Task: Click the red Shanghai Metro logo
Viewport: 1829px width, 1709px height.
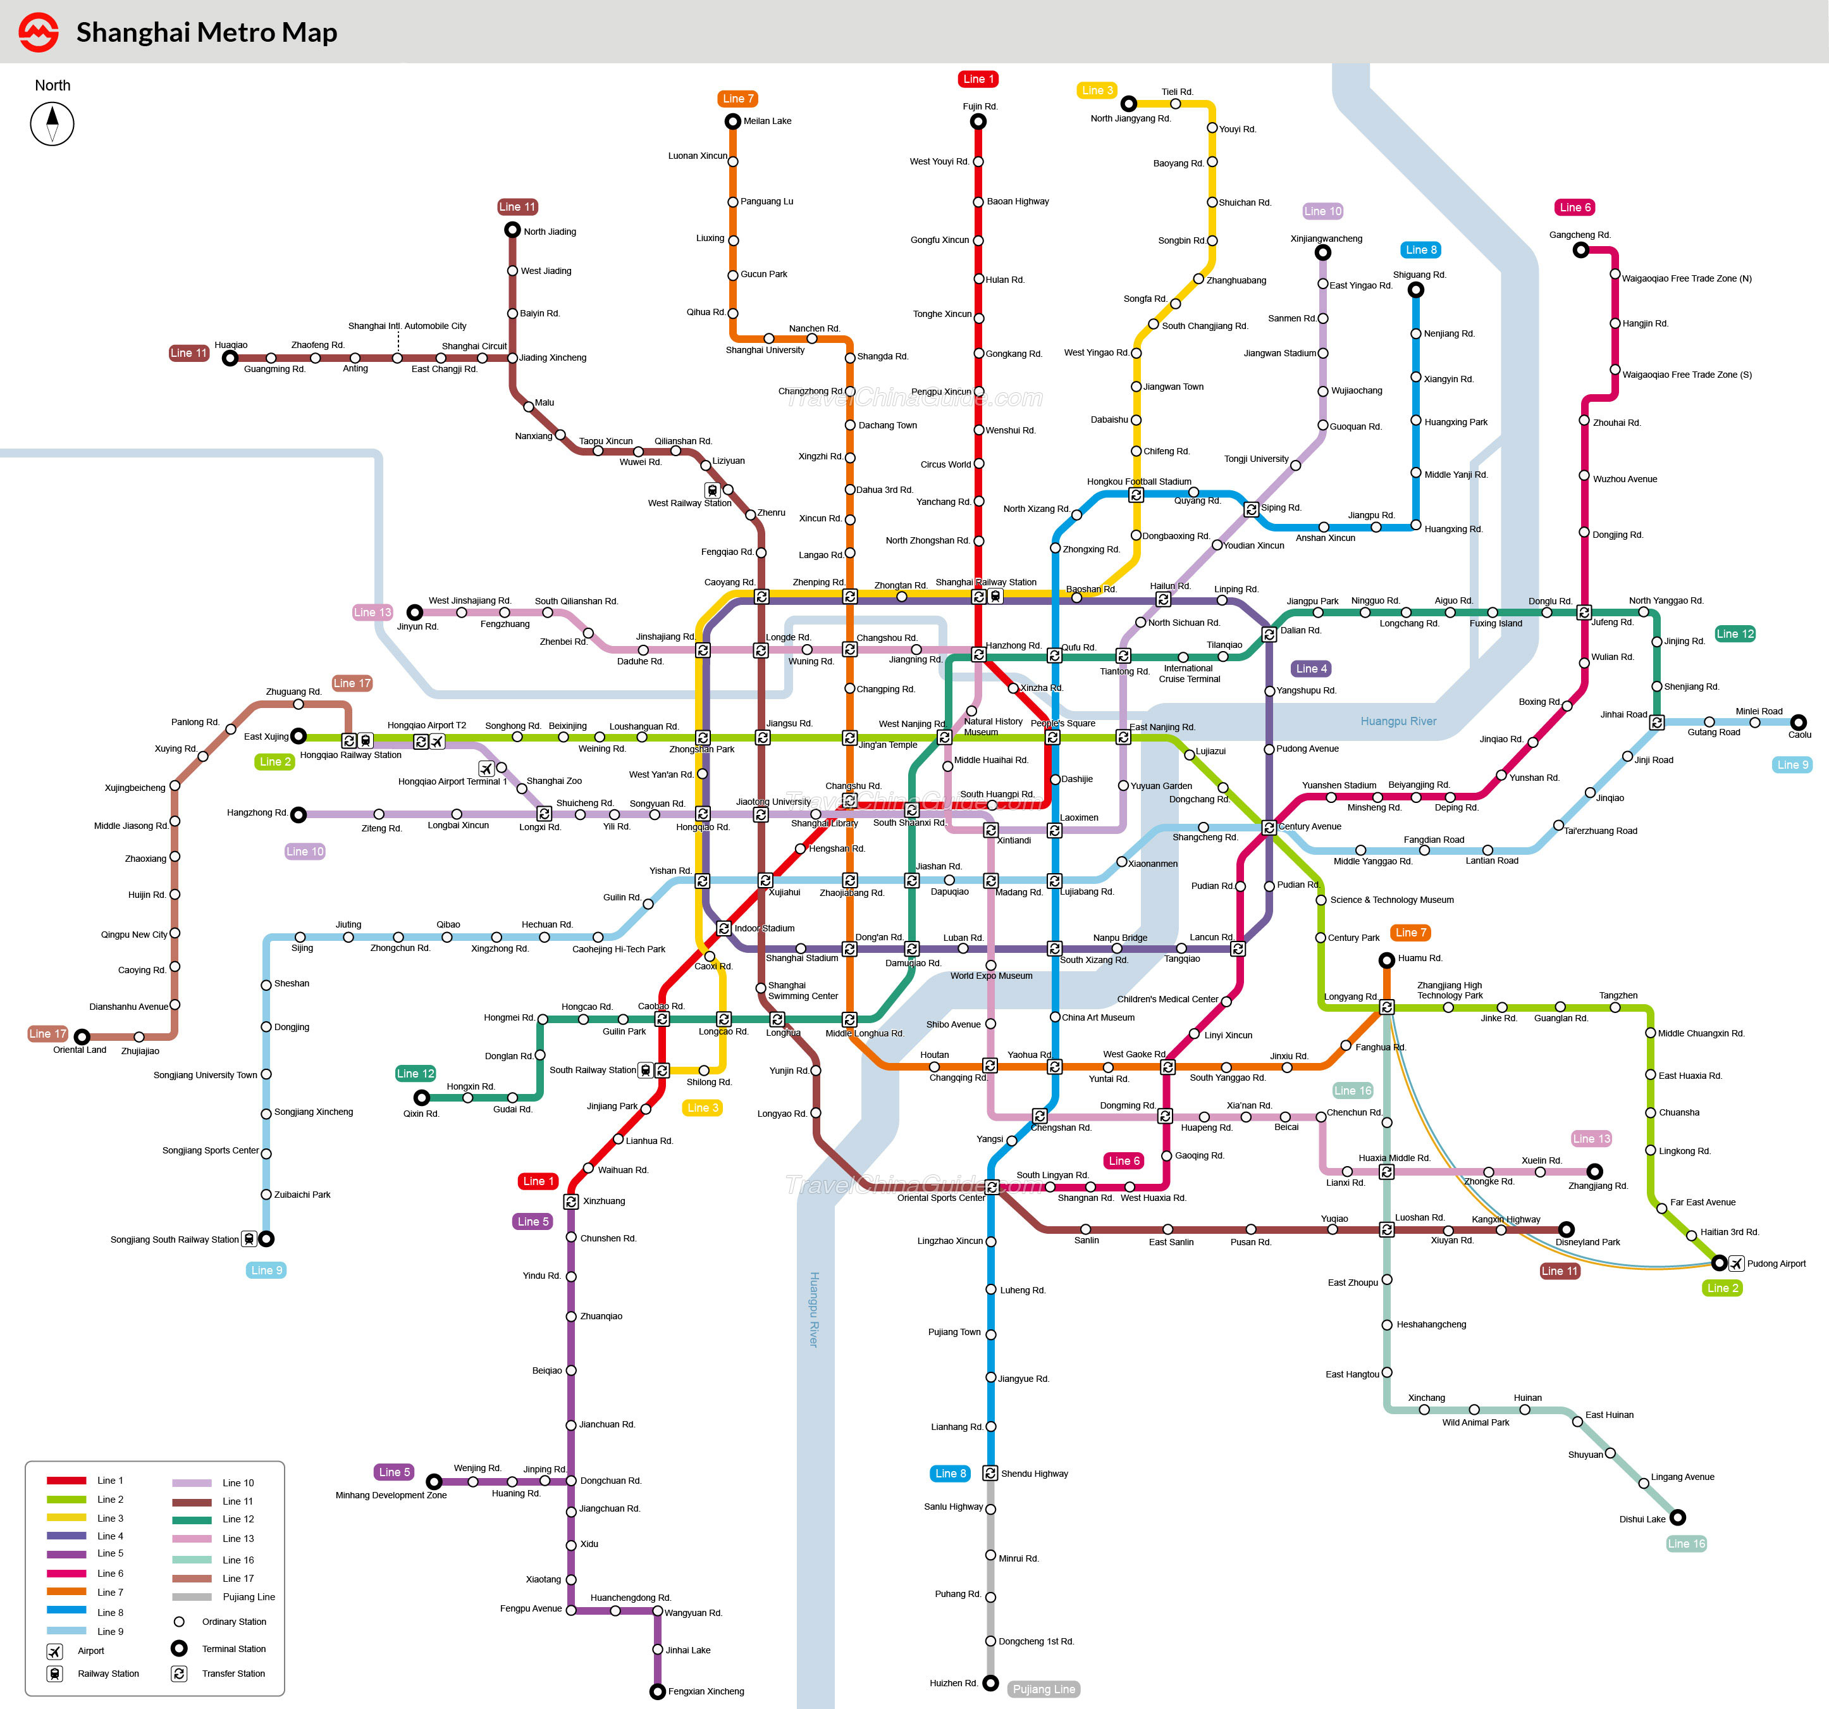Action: tap(39, 32)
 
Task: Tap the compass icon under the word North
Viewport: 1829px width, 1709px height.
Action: tap(52, 123)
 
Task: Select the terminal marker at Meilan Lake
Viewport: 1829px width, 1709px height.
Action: tap(732, 121)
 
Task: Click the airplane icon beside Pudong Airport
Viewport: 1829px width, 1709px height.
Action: tap(1736, 1263)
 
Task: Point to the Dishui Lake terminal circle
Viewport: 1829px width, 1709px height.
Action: tap(1678, 1517)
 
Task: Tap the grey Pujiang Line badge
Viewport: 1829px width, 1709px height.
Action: tap(1044, 1689)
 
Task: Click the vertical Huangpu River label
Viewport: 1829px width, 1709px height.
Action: tap(813, 1310)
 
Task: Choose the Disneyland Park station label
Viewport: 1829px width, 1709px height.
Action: tap(1588, 1243)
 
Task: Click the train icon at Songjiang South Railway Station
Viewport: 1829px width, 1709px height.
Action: tap(249, 1239)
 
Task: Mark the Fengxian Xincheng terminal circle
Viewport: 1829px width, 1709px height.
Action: tap(658, 1691)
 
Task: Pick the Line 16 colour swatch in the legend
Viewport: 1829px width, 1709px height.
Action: tap(192, 1559)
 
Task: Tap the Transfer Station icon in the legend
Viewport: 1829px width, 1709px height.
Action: tap(180, 1673)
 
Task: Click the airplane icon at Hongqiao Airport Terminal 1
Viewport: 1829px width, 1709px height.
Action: tap(486, 767)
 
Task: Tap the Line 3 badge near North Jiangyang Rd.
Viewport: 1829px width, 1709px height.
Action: tap(1097, 90)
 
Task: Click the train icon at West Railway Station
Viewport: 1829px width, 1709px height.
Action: tap(712, 490)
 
